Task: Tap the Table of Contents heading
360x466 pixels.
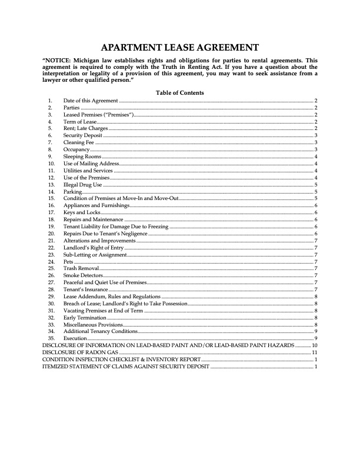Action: point(180,93)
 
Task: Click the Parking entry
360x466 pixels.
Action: point(73,192)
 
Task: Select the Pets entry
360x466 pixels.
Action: point(69,261)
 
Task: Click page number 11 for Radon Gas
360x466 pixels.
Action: point(315,352)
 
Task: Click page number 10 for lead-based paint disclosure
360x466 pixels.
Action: point(315,345)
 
